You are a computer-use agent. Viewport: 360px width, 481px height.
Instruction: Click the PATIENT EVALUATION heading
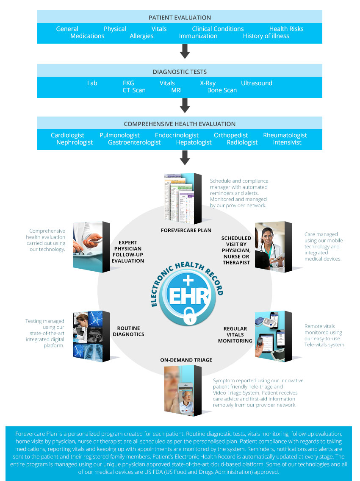(x=180, y=17)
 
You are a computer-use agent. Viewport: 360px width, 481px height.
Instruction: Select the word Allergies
(x=141, y=36)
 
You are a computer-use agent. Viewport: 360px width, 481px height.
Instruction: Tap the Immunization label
(x=198, y=36)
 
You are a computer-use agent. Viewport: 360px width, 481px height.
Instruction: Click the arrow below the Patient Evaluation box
(x=184, y=51)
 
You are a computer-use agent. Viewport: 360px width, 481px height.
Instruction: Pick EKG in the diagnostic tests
(x=128, y=83)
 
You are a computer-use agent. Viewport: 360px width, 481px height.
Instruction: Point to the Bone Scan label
(x=222, y=90)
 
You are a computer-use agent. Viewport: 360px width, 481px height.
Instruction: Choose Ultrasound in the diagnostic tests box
(x=256, y=83)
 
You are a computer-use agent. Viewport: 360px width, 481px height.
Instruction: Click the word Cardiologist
(x=67, y=135)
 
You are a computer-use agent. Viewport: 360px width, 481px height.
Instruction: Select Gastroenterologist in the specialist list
(x=134, y=142)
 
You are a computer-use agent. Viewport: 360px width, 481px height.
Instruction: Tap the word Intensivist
(x=287, y=142)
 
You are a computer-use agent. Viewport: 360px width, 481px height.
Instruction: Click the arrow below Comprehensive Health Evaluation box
(x=184, y=158)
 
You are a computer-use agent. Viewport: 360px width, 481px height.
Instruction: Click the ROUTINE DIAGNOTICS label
(x=128, y=331)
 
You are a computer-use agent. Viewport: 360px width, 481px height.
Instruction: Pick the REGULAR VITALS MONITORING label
(x=235, y=334)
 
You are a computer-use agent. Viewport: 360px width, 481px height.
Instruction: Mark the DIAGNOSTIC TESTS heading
(x=180, y=72)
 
